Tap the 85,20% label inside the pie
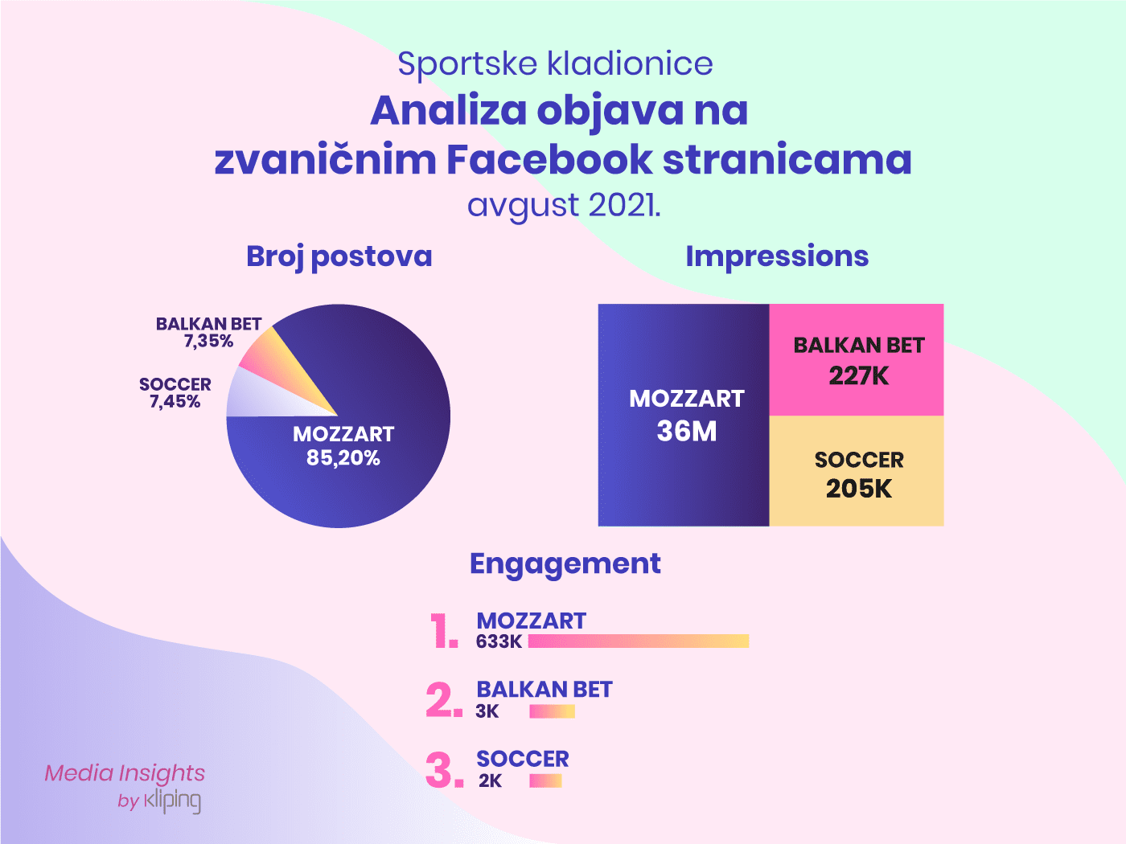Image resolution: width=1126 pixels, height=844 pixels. pos(343,457)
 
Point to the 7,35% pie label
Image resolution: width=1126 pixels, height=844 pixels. pos(209,341)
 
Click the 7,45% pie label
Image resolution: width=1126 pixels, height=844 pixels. pos(175,401)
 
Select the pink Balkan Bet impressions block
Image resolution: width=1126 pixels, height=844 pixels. pos(857,360)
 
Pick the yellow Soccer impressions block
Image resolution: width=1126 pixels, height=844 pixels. pos(857,471)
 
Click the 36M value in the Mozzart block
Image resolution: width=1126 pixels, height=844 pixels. pos(686,431)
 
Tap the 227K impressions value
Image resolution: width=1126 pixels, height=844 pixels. pos(859,375)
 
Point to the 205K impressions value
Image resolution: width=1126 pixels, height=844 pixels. pos(859,489)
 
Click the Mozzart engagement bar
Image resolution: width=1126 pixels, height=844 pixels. pos(639,641)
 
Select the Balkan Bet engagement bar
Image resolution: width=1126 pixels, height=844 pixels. pos(552,711)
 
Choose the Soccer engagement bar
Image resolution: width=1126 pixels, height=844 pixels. pos(546,780)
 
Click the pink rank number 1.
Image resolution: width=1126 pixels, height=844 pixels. pos(443,630)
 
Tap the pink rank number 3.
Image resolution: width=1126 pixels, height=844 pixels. pos(444,769)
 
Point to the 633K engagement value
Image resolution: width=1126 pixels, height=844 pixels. pos(499,641)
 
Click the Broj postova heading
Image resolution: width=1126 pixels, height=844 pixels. pos(339,256)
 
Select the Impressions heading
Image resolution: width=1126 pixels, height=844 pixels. pos(777,256)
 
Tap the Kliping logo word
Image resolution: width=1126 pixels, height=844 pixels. pos(172,801)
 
